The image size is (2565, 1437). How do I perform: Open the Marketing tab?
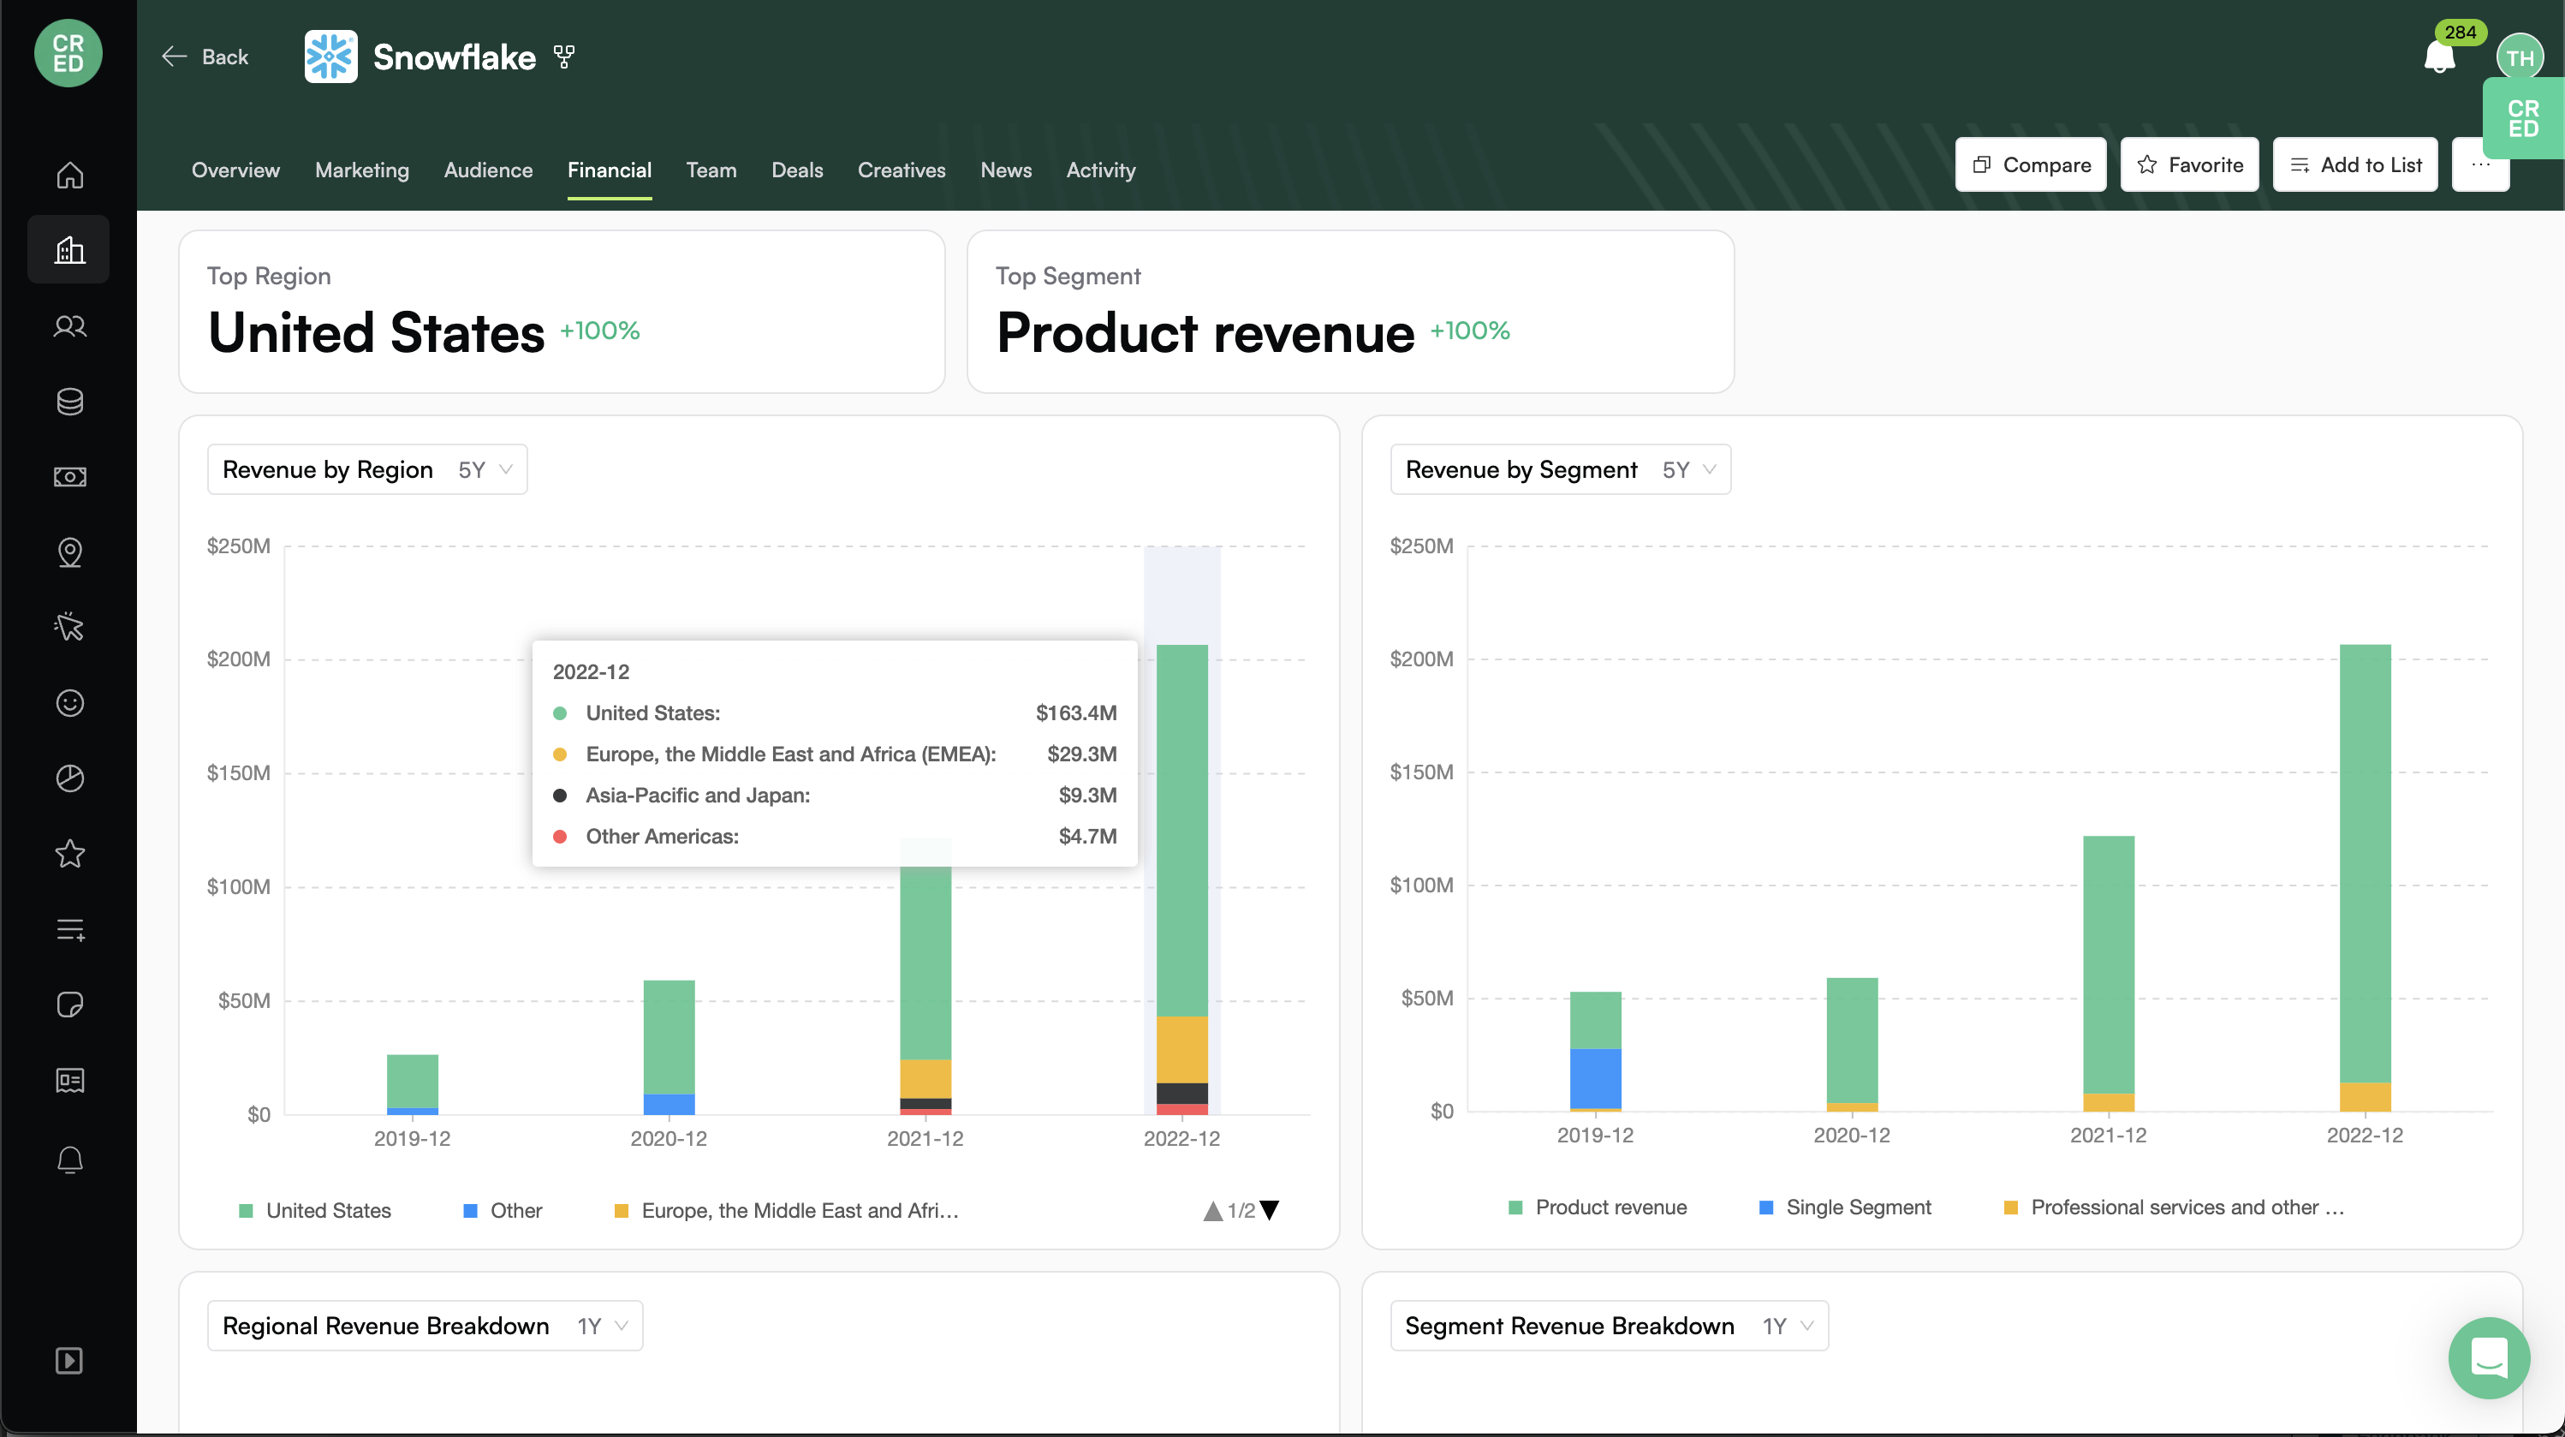[361, 170]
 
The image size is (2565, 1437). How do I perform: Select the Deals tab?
[796, 170]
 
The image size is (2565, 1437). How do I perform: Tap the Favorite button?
[2190, 164]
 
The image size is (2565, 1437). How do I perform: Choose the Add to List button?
[2355, 164]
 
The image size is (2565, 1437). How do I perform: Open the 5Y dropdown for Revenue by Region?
[485, 470]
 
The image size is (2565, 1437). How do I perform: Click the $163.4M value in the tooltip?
[1075, 713]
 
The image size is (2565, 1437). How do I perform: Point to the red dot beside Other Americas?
[560, 837]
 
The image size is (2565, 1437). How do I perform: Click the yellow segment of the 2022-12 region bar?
[1182, 1050]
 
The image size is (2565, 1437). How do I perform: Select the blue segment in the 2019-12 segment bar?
[1595, 1078]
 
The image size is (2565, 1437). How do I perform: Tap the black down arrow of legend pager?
[1270, 1210]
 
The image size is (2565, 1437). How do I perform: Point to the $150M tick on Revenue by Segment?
[1421, 772]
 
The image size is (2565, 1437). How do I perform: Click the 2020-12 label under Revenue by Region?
[668, 1138]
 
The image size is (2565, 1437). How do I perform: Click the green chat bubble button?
[2488, 1357]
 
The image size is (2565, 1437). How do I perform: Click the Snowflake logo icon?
[330, 57]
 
